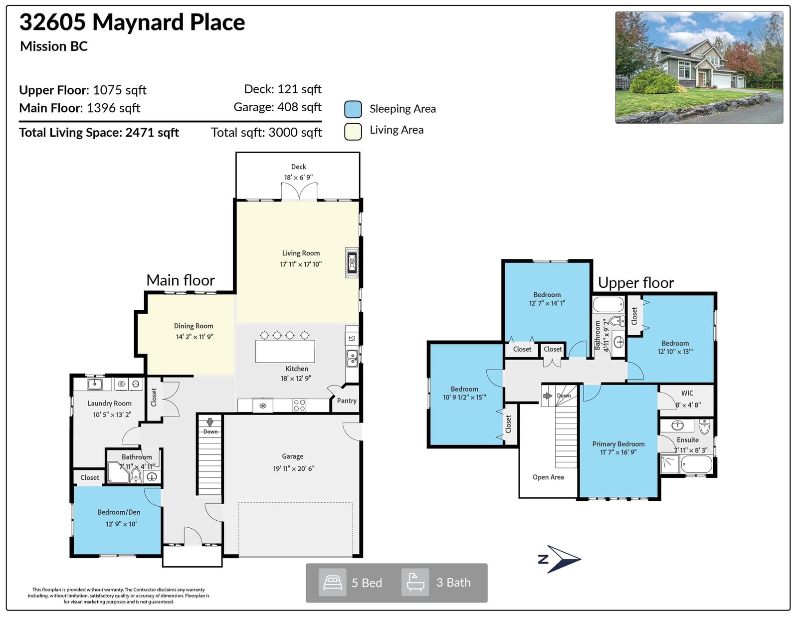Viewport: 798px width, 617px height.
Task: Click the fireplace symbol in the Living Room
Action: (x=352, y=262)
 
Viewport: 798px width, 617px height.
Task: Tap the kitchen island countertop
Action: (x=285, y=351)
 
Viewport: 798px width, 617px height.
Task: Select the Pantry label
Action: (x=346, y=401)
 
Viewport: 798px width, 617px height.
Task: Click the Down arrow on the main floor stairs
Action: (x=209, y=421)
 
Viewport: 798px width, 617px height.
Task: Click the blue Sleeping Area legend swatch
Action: (x=353, y=109)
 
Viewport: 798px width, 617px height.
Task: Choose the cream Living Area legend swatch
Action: (x=353, y=131)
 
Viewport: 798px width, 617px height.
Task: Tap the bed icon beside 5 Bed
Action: (x=332, y=583)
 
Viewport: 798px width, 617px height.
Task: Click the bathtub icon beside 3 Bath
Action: (x=415, y=583)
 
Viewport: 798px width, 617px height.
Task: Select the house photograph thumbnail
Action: (x=699, y=67)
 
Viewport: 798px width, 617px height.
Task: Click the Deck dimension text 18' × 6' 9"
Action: (x=298, y=178)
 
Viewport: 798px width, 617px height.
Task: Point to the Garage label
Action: (x=292, y=456)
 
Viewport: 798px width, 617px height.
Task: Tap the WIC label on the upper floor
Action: (x=687, y=393)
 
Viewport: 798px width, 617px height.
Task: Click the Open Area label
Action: (x=548, y=477)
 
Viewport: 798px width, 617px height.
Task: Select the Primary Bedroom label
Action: (x=618, y=443)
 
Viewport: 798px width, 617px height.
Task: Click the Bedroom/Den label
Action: (x=119, y=512)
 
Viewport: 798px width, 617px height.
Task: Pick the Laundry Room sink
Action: (x=95, y=384)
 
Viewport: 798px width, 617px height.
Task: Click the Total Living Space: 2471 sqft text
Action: (x=99, y=133)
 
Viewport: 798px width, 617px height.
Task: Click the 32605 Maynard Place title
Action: (x=132, y=22)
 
